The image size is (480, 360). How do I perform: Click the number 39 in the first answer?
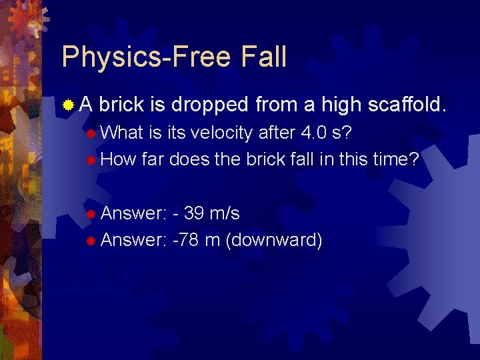194,213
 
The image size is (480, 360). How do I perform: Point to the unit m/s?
225,213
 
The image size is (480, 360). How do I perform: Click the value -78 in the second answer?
185,240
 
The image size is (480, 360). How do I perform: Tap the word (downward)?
274,240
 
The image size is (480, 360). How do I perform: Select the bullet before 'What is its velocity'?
91,133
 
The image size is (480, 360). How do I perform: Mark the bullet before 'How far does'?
91,159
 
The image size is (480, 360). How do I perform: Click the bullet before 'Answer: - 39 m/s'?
91,214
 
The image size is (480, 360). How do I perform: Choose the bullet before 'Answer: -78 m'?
91,241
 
